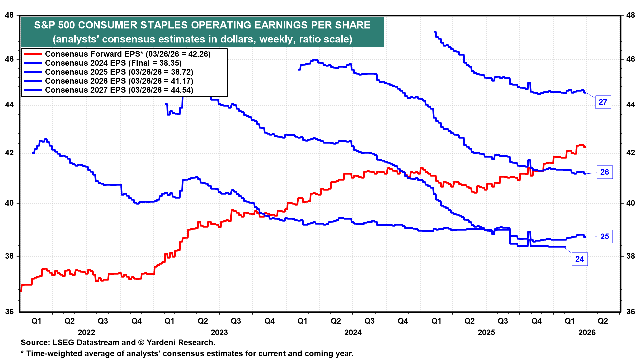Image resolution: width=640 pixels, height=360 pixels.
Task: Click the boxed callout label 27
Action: (x=603, y=102)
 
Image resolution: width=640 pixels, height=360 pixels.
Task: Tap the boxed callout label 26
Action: (x=604, y=172)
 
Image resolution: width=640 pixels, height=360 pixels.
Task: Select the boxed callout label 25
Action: (x=604, y=237)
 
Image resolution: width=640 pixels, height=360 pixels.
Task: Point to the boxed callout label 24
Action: (x=579, y=259)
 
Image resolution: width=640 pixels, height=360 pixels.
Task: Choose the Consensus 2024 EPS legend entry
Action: (x=113, y=63)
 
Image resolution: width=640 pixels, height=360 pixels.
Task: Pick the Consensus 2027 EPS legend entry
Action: (x=119, y=90)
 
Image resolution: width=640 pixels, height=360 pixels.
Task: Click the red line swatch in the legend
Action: (x=33, y=54)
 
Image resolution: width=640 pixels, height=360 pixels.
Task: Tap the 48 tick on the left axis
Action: (x=10, y=15)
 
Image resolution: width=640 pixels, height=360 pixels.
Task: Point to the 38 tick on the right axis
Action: (x=630, y=256)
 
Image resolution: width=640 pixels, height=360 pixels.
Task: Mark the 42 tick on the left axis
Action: (x=10, y=153)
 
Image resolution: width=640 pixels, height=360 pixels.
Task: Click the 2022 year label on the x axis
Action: (x=86, y=332)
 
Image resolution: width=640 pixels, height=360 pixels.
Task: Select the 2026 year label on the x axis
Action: (x=587, y=332)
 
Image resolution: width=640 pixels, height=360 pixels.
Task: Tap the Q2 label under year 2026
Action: (x=603, y=321)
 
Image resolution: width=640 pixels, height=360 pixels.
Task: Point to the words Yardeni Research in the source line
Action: (x=180, y=342)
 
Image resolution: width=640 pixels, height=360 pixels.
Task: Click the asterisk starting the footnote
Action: (x=22, y=353)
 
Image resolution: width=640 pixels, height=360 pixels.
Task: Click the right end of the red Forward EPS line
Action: (x=585, y=147)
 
